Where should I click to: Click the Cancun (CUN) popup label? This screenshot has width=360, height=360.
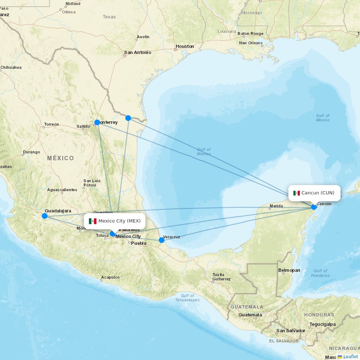pyautogui.click(x=314, y=193)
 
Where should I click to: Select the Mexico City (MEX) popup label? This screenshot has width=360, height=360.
pyautogui.click(x=115, y=221)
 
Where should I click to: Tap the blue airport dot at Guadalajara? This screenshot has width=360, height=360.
pyautogui.click(x=45, y=216)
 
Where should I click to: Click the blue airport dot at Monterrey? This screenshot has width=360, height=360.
pyautogui.click(x=97, y=122)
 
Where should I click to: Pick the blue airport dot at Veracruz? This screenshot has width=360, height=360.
pyautogui.click(x=162, y=240)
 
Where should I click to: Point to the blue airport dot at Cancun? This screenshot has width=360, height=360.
pyautogui.click(x=314, y=207)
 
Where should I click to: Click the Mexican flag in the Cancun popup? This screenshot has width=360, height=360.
pyautogui.click(x=297, y=193)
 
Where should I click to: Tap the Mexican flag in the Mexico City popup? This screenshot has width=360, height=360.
pyautogui.click(x=93, y=221)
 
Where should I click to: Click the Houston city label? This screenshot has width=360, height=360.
pyautogui.click(x=185, y=46)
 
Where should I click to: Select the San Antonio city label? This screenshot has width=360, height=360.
pyautogui.click(x=138, y=53)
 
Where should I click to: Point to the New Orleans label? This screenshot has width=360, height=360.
pyautogui.click(x=251, y=43)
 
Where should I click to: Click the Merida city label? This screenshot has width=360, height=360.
pyautogui.click(x=276, y=206)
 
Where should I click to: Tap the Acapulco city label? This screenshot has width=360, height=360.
pyautogui.click(x=110, y=277)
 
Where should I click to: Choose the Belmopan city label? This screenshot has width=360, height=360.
pyautogui.click(x=289, y=270)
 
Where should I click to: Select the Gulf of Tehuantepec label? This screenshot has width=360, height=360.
pyautogui.click(x=187, y=298)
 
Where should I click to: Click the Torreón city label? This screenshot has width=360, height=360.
pyautogui.click(x=51, y=124)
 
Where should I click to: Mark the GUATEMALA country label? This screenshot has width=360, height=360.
pyautogui.click(x=247, y=307)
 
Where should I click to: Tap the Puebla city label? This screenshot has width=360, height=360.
pyautogui.click(x=139, y=243)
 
